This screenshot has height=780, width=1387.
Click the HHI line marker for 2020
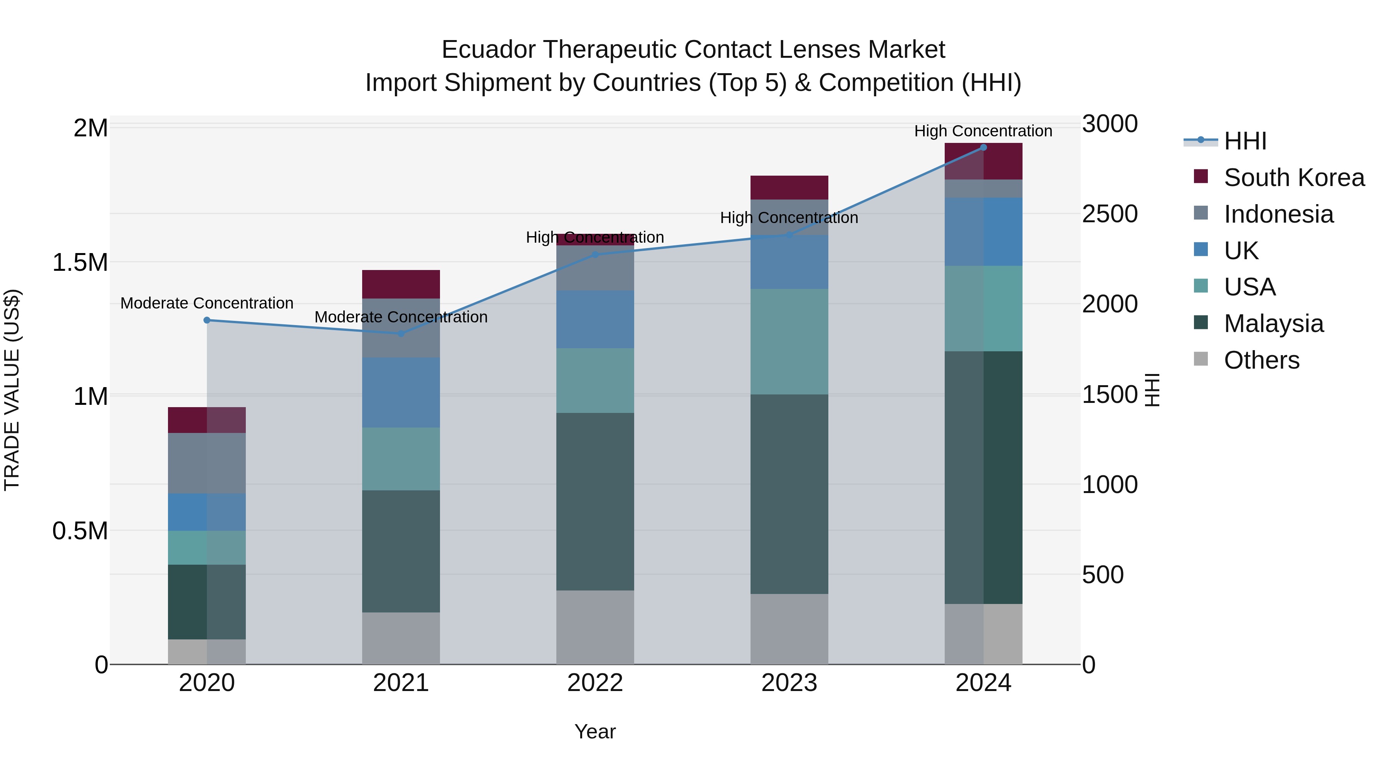tap(207, 320)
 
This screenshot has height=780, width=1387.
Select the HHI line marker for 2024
tap(983, 148)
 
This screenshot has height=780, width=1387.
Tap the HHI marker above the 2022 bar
tap(595, 255)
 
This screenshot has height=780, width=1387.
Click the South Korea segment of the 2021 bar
tap(401, 284)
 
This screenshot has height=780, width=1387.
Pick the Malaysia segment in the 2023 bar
tap(789, 494)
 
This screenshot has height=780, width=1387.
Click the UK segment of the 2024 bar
tap(983, 231)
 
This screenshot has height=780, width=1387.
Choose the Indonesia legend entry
tap(1278, 214)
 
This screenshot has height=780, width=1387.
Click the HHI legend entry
tap(1245, 141)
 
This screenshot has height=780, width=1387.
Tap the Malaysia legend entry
tap(1273, 324)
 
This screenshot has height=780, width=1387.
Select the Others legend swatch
tap(1201, 359)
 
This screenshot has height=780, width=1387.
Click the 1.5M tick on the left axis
tap(80, 263)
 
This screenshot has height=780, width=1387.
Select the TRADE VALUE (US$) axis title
tap(12, 390)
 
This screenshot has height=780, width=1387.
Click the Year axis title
tap(595, 731)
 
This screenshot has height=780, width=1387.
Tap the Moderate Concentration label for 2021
tap(401, 317)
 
